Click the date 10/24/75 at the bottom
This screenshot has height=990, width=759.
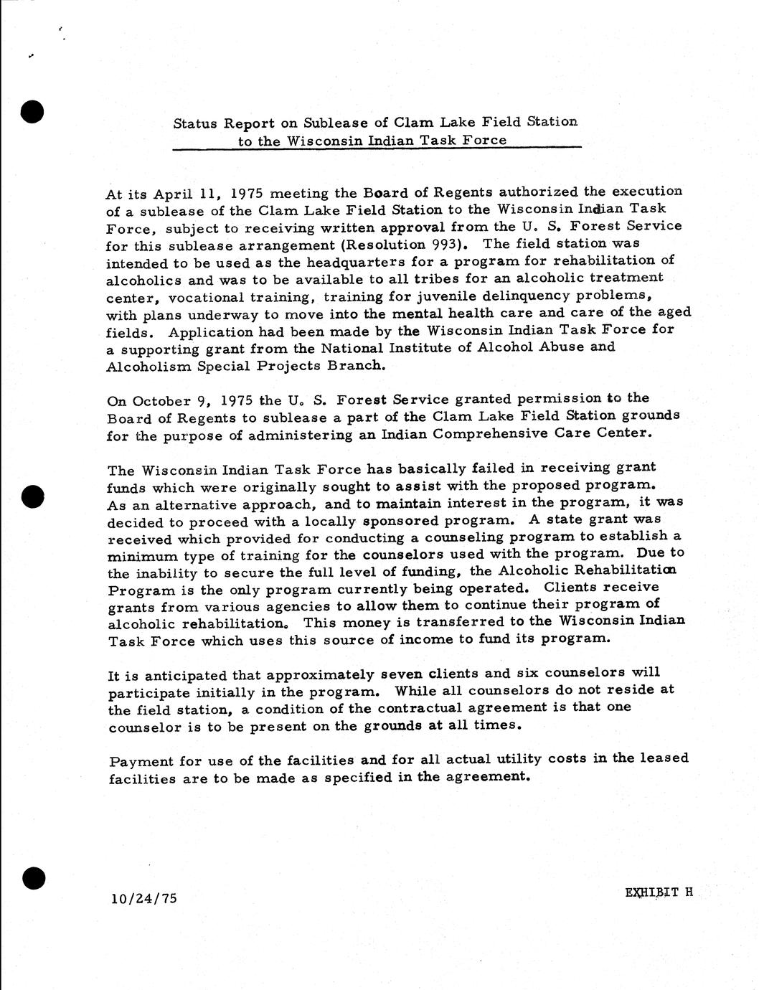pos(144,897)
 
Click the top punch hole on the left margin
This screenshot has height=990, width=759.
pos(33,112)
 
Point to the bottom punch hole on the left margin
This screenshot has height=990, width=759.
pos(33,877)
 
